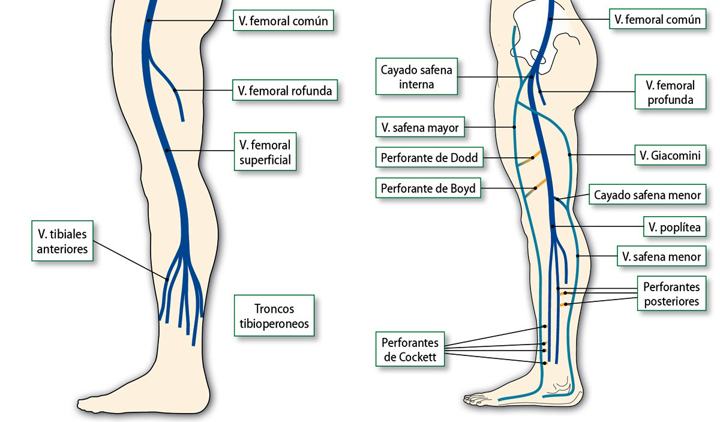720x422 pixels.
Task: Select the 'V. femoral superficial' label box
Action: [x=265, y=152]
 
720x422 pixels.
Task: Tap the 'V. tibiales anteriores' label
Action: [x=62, y=241]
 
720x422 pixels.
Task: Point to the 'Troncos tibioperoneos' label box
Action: [x=274, y=316]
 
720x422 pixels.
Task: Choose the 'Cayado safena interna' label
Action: [x=416, y=77]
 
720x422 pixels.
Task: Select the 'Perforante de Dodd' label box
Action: [x=429, y=158]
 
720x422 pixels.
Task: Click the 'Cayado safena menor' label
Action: [x=647, y=194]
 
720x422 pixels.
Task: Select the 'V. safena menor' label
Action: [x=661, y=256]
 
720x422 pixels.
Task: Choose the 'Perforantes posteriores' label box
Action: [x=671, y=294]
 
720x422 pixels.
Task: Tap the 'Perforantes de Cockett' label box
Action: [x=410, y=351]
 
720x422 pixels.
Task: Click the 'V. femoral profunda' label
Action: [x=670, y=92]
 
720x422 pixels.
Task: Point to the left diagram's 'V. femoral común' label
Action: [x=283, y=22]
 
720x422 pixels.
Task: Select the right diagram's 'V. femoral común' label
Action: [x=657, y=19]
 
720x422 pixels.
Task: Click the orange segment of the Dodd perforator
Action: [x=538, y=154]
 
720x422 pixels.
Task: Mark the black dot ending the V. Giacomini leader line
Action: [x=569, y=155]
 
